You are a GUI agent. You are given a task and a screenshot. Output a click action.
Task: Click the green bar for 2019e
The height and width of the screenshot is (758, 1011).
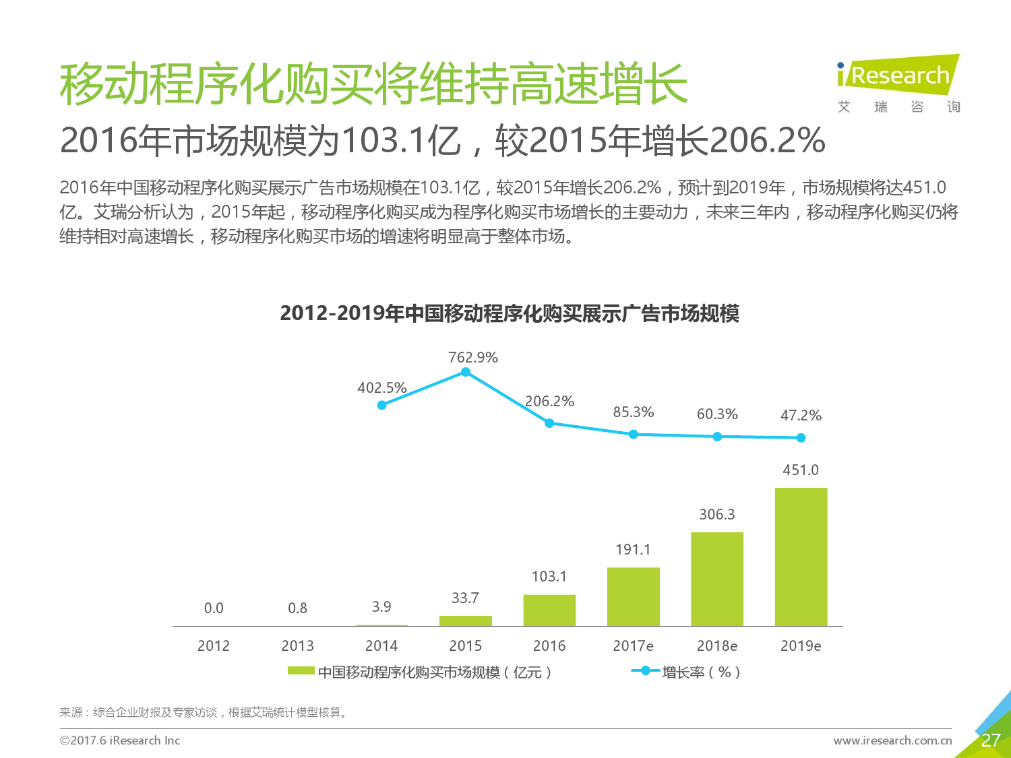[x=801, y=557]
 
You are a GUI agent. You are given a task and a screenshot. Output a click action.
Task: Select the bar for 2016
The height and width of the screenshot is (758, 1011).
[x=549, y=610]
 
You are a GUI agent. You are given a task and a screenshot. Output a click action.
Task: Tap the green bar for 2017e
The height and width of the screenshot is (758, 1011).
[x=634, y=597]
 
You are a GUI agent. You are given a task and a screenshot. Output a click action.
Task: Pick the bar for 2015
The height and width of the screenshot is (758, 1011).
[x=466, y=621]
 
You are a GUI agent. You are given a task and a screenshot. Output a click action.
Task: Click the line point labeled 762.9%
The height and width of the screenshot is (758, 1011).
[x=466, y=372]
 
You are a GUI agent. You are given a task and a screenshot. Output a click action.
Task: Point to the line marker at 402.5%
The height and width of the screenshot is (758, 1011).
[x=382, y=405]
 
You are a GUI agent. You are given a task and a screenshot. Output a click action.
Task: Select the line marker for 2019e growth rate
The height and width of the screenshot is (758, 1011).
[x=801, y=438]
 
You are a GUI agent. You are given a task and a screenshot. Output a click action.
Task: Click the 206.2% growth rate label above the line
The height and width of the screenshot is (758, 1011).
[x=549, y=402]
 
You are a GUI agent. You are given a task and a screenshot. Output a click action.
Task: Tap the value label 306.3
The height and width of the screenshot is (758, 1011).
[x=717, y=514]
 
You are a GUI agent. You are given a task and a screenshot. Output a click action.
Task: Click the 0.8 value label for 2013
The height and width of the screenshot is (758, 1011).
[x=297, y=608]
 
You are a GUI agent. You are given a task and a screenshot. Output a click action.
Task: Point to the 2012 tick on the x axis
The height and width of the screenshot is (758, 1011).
[x=214, y=645]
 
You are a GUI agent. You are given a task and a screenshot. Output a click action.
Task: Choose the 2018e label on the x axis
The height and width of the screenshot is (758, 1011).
[x=717, y=645]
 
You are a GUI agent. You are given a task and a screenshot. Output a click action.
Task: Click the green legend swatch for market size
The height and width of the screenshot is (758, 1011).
[x=301, y=670]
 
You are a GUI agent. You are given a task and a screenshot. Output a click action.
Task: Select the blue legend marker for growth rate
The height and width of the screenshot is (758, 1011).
[x=646, y=671]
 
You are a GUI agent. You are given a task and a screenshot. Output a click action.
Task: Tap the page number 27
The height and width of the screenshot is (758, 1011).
[x=990, y=740]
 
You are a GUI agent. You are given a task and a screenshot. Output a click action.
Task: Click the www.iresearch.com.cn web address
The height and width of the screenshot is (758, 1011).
[x=892, y=740]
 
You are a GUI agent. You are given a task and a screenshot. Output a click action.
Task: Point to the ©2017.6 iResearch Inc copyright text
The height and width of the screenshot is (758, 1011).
[x=120, y=740]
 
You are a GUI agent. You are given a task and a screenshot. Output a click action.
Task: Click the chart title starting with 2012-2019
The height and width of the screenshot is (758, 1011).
[x=510, y=313]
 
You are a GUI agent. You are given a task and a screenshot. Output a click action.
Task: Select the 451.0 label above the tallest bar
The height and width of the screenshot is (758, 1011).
[x=801, y=470]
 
